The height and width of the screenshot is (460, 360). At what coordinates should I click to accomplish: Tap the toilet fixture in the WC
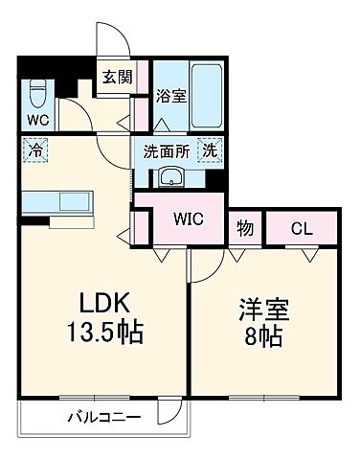pyautogui.click(x=37, y=93)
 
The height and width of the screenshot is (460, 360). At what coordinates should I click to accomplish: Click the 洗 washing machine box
pyautogui.click(x=209, y=150)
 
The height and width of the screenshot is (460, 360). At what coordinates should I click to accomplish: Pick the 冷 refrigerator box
pyautogui.click(x=35, y=151)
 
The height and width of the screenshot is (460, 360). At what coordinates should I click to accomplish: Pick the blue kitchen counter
pyautogui.click(x=53, y=202)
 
